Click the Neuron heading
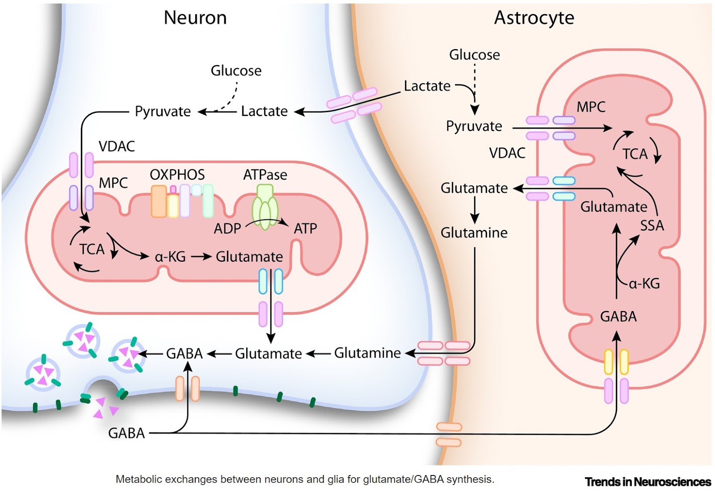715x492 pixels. pos(195,18)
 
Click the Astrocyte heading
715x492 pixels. pos(534,18)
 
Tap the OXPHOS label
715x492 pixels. pos(177,175)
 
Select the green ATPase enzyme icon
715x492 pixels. pos(265,207)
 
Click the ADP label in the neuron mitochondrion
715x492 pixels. pos(227,229)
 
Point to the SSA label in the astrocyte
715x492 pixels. pos(652,225)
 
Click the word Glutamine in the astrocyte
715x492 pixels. pos(474,233)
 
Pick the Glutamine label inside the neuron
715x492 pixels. pos(367,353)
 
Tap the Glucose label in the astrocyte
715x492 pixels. pos(474,55)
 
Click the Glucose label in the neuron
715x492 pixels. pos(236,71)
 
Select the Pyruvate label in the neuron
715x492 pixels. pos(163,111)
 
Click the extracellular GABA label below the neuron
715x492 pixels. pos(126,433)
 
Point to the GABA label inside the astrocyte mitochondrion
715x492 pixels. pos(618,317)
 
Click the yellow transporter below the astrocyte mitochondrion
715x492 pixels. pos(616,362)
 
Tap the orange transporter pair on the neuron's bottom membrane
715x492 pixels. pos(187,388)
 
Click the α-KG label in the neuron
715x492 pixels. pos(170,257)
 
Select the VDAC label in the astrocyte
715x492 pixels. pos(507,153)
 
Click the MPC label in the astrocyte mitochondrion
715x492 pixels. pos(591,107)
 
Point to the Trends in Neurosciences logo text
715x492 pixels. pos(648,482)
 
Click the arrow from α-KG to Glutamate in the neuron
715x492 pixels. pos(201,257)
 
